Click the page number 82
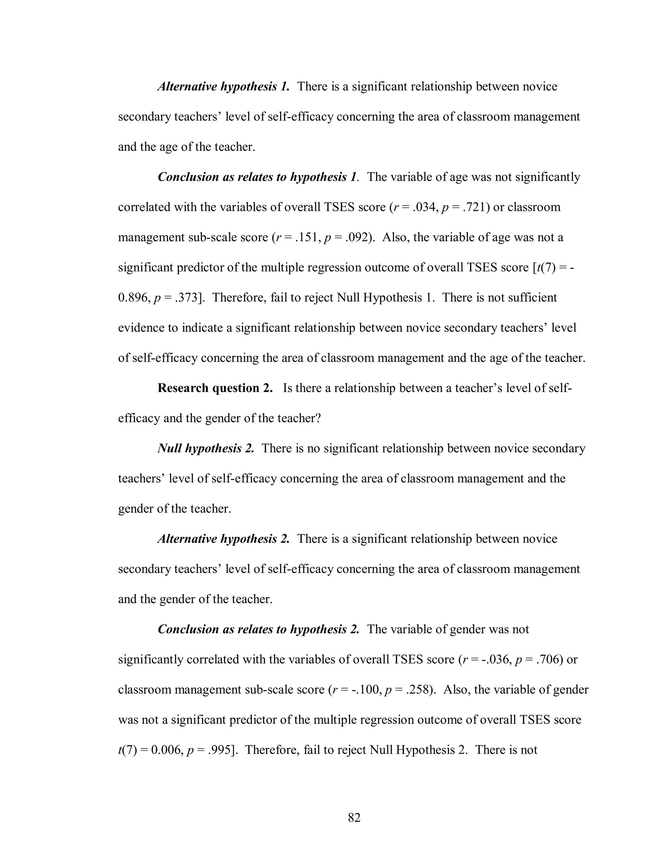click(x=354, y=817)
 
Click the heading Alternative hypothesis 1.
click(x=223, y=86)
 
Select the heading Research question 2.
click(x=215, y=388)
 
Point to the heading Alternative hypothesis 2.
click(x=223, y=539)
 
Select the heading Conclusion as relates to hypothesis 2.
click(x=258, y=629)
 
